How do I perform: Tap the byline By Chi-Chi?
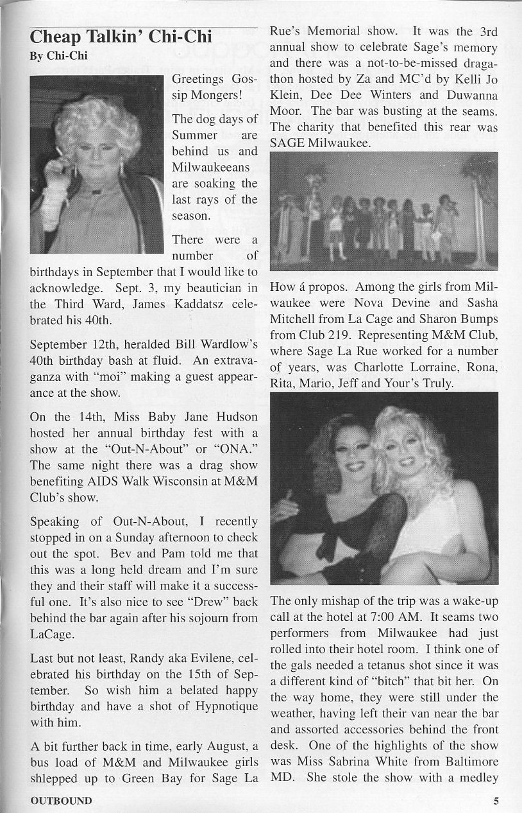tap(58, 56)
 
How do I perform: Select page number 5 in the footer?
tap(496, 800)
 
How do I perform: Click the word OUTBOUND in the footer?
tap(61, 800)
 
